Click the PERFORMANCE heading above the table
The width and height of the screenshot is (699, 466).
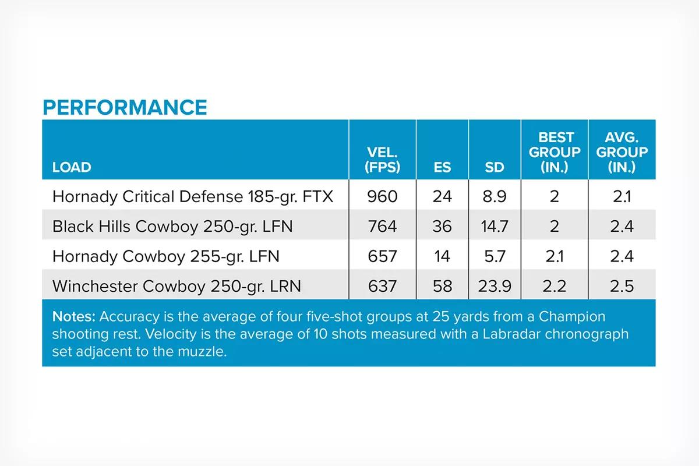point(125,107)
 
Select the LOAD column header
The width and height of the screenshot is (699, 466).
point(72,167)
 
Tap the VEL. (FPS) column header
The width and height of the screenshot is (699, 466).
point(382,160)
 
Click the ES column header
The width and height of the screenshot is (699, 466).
point(442,167)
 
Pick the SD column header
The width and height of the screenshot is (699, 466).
point(495,167)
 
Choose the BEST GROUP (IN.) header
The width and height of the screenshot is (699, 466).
point(555,152)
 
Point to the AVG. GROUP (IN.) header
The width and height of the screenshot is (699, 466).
point(622,152)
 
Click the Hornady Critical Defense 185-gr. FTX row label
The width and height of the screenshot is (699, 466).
point(193,196)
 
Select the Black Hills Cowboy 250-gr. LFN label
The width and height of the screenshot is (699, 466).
point(172,226)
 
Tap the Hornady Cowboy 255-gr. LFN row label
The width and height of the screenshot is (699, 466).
point(165,256)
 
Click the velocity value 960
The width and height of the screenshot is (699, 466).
point(382,196)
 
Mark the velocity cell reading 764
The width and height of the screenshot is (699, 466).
point(382,226)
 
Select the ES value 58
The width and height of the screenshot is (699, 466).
point(442,286)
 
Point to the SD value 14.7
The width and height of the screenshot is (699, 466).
point(495,226)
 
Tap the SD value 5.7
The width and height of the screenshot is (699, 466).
point(495,256)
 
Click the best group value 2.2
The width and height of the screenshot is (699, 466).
point(555,286)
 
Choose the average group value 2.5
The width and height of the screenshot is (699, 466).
point(622,286)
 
